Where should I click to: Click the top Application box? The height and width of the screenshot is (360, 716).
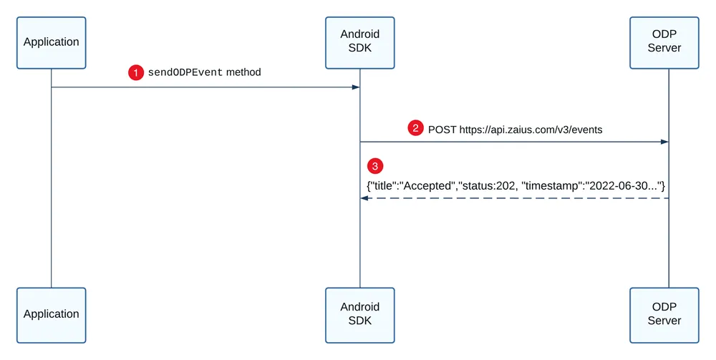pyautogui.click(x=51, y=43)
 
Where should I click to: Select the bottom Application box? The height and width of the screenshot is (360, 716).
pyautogui.click(x=51, y=316)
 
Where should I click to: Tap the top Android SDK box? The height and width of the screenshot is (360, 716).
pyautogui.click(x=360, y=43)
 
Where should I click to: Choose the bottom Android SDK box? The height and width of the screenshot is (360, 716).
pyautogui.click(x=360, y=316)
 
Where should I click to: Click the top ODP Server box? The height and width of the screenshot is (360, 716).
pyautogui.click(x=664, y=43)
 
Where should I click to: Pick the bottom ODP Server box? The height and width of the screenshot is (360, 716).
pyautogui.click(x=664, y=316)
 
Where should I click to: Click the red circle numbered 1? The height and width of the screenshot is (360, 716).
pyautogui.click(x=135, y=72)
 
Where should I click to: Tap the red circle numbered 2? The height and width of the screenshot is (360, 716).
pyautogui.click(x=415, y=128)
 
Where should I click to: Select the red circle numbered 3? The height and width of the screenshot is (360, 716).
pyautogui.click(x=375, y=166)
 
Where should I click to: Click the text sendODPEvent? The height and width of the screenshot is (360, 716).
pyautogui.click(x=185, y=72)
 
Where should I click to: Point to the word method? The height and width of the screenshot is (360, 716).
pyautogui.click(x=243, y=72)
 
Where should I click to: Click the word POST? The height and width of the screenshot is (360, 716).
pyautogui.click(x=442, y=130)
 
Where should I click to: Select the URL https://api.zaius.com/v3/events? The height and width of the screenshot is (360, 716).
pyautogui.click(x=531, y=130)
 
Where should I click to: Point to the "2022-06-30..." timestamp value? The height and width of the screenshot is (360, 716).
pyautogui.click(x=622, y=186)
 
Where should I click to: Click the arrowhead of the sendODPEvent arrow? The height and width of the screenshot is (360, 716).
pyautogui.click(x=356, y=87)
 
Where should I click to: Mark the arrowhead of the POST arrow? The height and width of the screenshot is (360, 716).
pyautogui.click(x=665, y=142)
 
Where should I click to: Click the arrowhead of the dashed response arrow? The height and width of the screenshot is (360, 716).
pyautogui.click(x=364, y=198)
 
